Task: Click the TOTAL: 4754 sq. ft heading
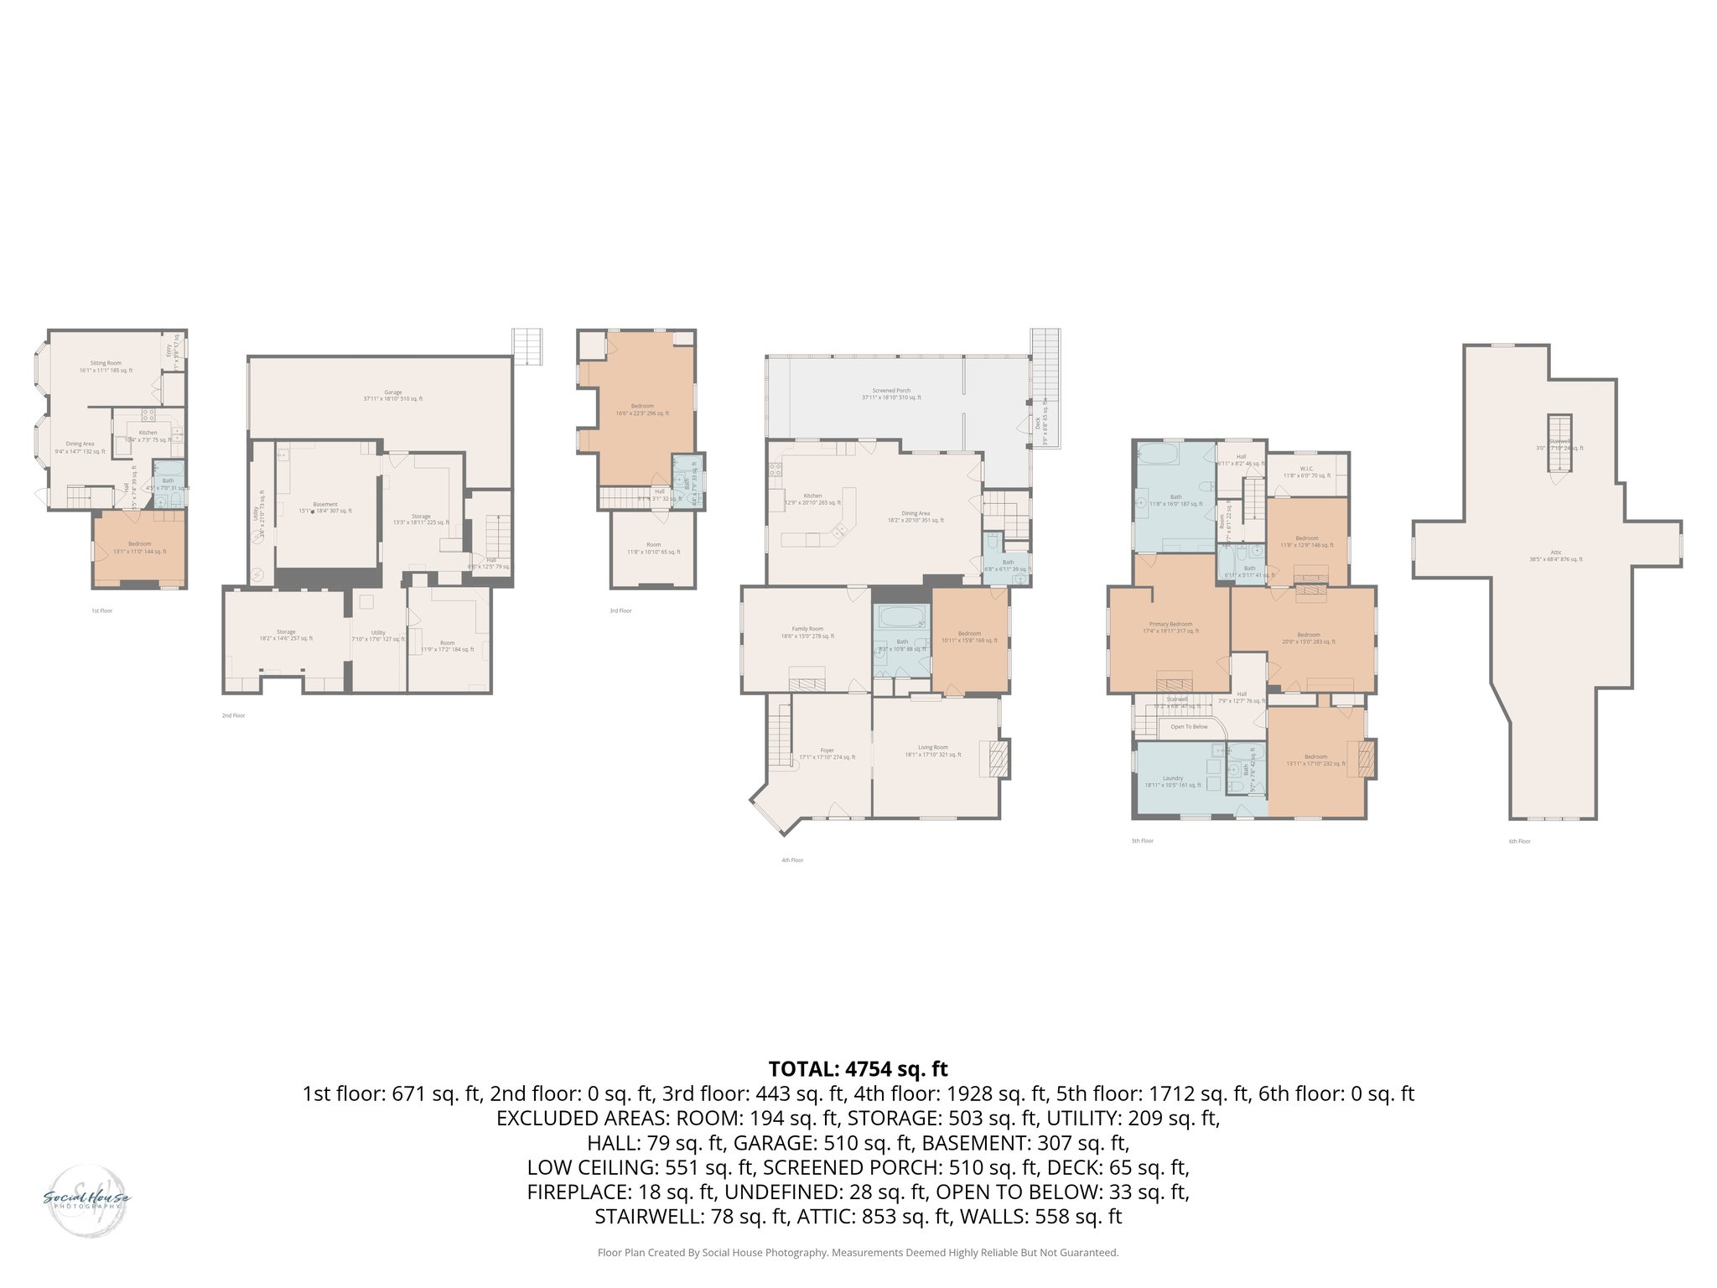pos(858,1069)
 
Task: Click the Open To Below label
pos(1189,727)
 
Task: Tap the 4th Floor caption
pos(791,860)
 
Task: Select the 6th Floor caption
pos(1519,841)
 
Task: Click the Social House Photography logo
pos(86,1200)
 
